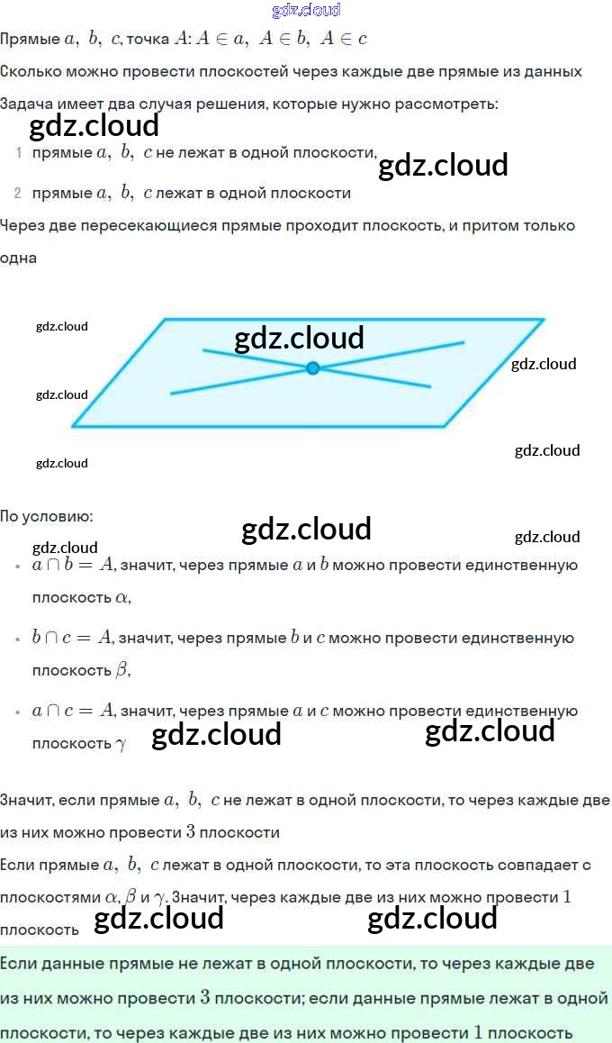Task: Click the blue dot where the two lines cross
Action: [x=312, y=367]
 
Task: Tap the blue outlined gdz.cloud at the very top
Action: [x=306, y=10]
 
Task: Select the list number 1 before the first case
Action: [x=18, y=153]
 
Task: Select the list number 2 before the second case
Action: [x=18, y=194]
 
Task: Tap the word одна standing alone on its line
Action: [x=19, y=258]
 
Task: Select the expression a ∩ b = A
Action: [x=73, y=566]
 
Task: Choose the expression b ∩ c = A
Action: [x=72, y=639]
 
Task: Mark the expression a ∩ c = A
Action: [x=73, y=712]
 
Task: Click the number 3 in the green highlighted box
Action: [x=205, y=998]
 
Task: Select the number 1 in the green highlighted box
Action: [x=478, y=1032]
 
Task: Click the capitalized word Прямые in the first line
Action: [x=30, y=40]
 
